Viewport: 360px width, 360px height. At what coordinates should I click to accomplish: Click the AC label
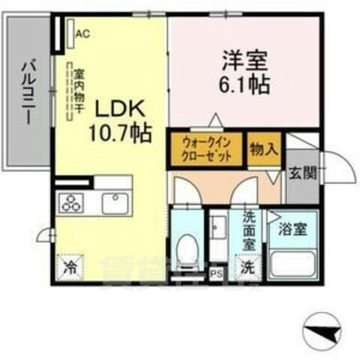point(82,32)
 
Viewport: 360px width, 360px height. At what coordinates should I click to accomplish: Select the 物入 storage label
point(262,149)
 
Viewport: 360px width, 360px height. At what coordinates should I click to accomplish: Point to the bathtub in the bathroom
point(292,263)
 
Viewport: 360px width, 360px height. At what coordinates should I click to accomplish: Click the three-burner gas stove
point(73,203)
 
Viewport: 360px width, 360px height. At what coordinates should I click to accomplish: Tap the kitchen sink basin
point(115,203)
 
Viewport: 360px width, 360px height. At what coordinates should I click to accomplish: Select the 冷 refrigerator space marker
point(69,266)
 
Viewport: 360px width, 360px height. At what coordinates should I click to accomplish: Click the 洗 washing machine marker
point(247,265)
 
